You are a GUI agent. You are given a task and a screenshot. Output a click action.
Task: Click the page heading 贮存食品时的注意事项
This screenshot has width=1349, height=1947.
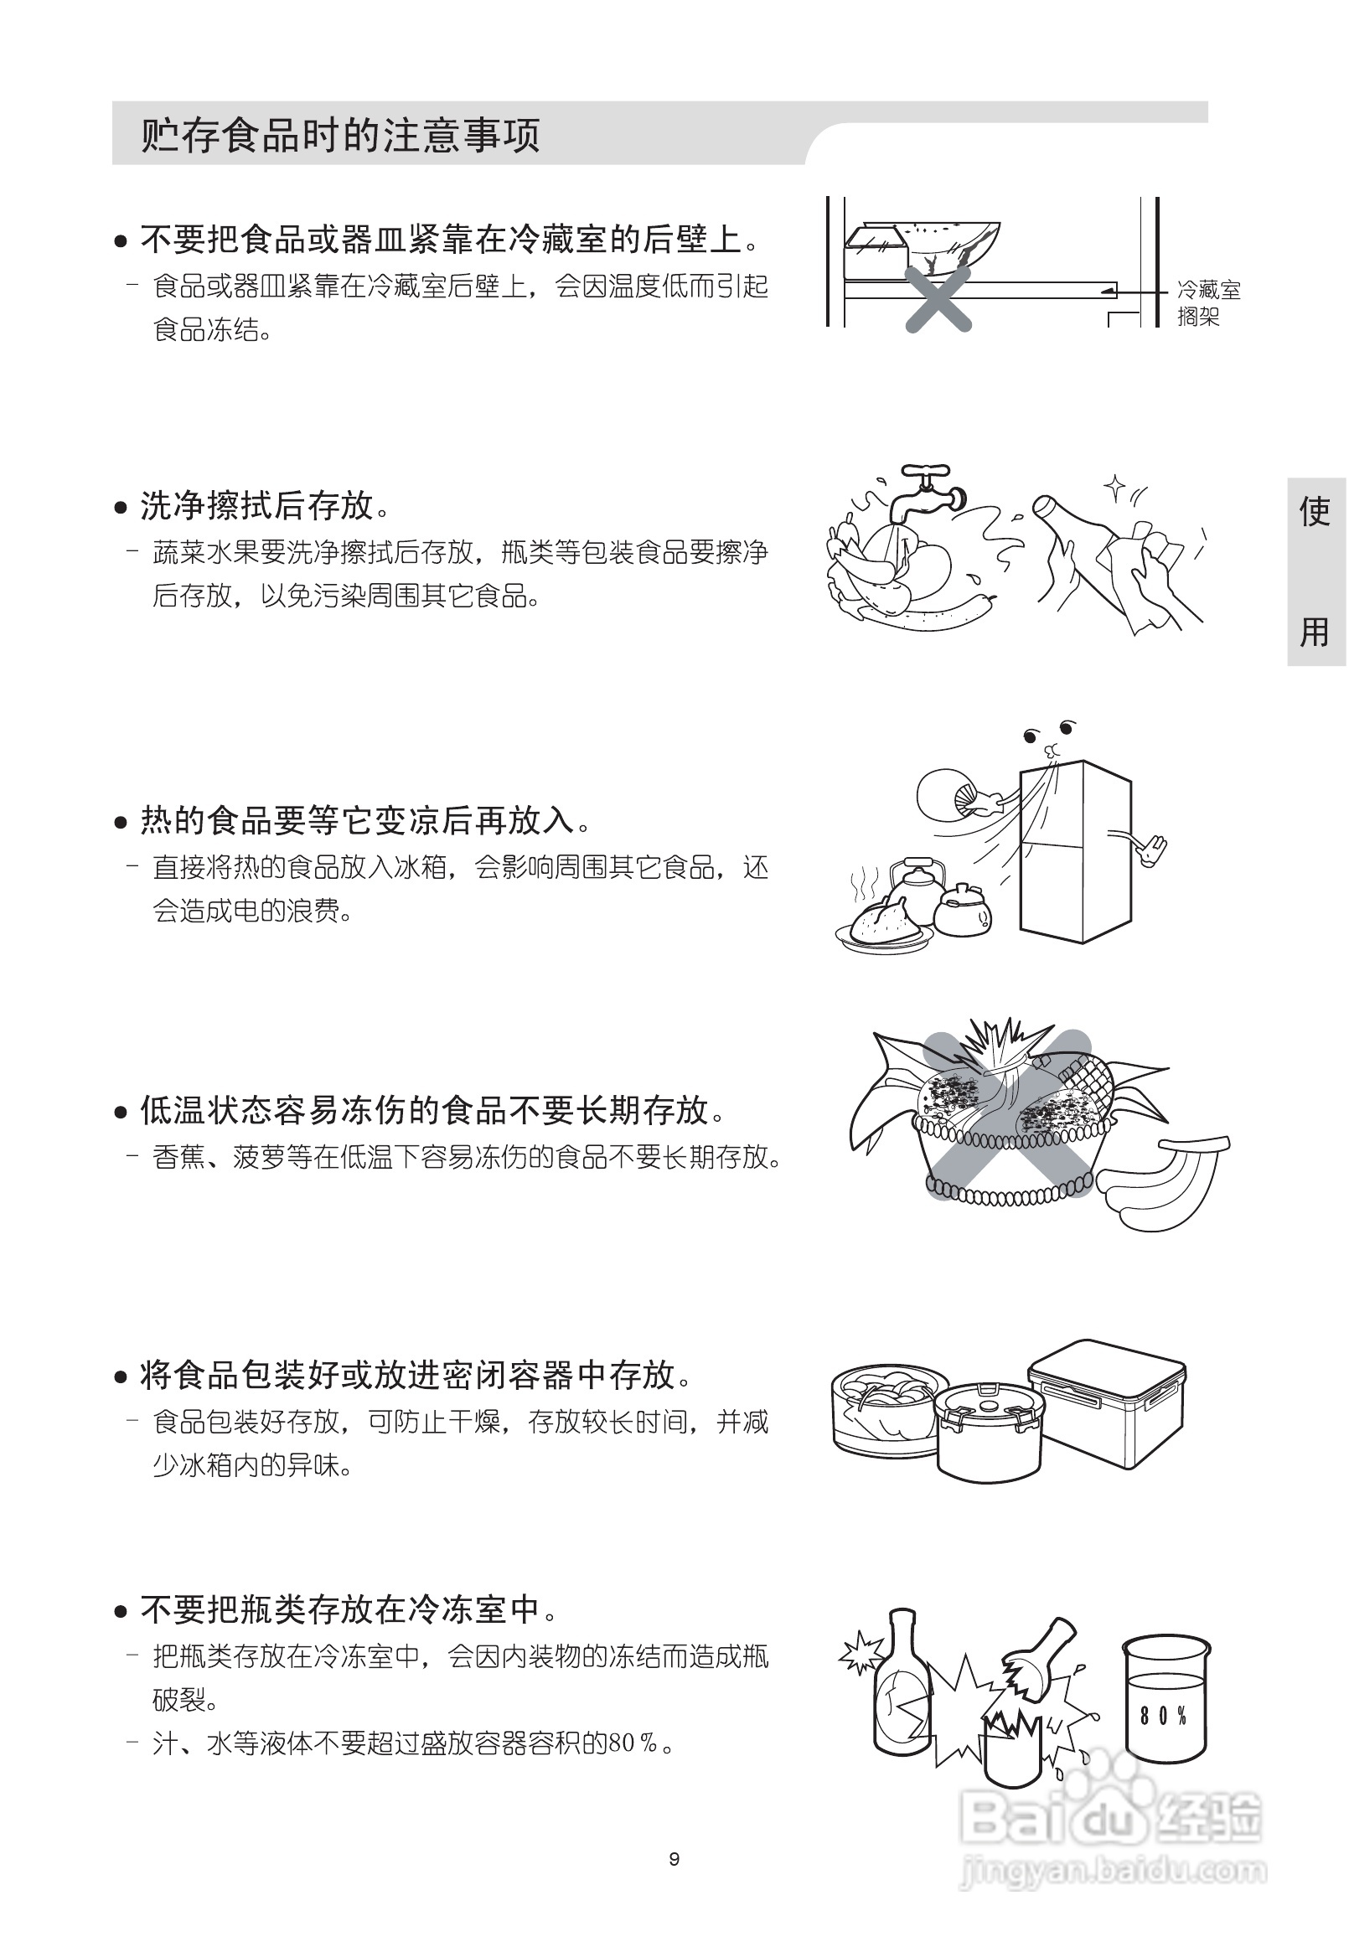point(340,135)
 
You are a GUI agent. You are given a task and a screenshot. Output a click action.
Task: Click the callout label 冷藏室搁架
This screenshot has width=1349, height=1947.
point(1208,303)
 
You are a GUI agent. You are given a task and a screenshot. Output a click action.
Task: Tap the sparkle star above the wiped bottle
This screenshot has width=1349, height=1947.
point(1115,487)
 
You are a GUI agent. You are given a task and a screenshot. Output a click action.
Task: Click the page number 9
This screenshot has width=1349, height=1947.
point(674,1858)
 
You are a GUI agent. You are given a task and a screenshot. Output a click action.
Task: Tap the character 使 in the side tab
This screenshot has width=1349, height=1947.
point(1315,512)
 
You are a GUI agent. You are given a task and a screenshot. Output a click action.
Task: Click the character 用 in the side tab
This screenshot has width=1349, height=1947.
point(1315,631)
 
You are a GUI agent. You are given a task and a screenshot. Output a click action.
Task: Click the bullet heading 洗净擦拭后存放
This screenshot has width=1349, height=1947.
point(257,506)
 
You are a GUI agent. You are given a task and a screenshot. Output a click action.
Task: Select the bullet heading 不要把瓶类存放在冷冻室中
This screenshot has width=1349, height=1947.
point(340,1610)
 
